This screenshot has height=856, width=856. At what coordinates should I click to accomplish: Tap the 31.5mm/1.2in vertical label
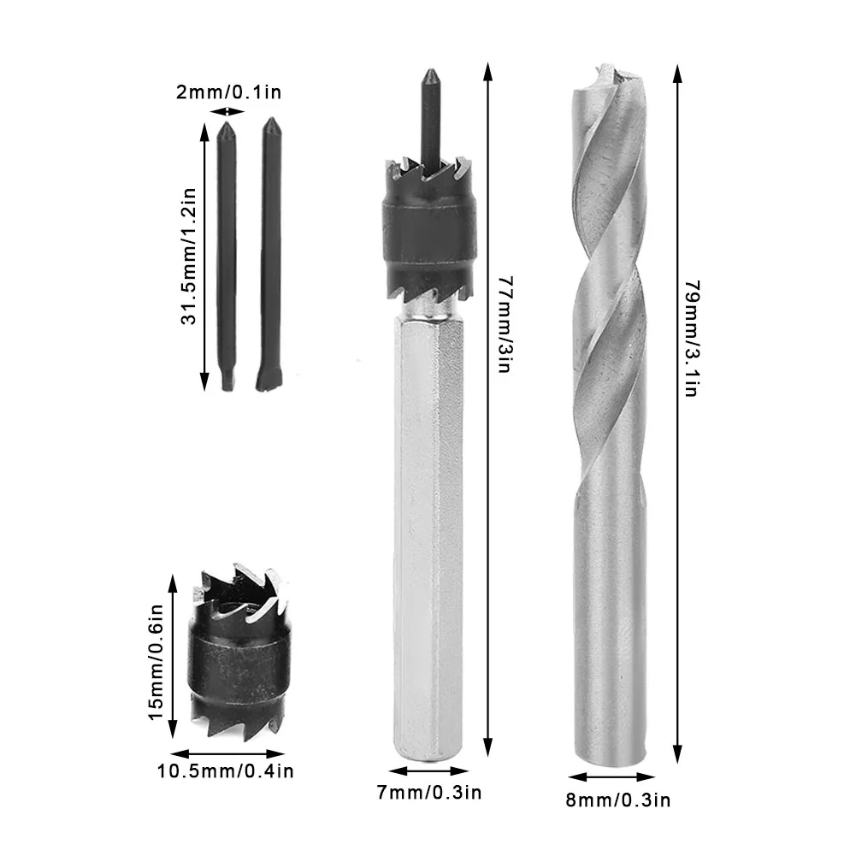(190, 255)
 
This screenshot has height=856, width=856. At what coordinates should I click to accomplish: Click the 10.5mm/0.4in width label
(226, 771)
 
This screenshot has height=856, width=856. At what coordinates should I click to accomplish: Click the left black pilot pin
(227, 257)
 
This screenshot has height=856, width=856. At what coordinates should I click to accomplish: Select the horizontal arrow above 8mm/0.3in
(611, 777)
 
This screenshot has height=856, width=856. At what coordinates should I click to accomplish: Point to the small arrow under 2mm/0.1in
(226, 111)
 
